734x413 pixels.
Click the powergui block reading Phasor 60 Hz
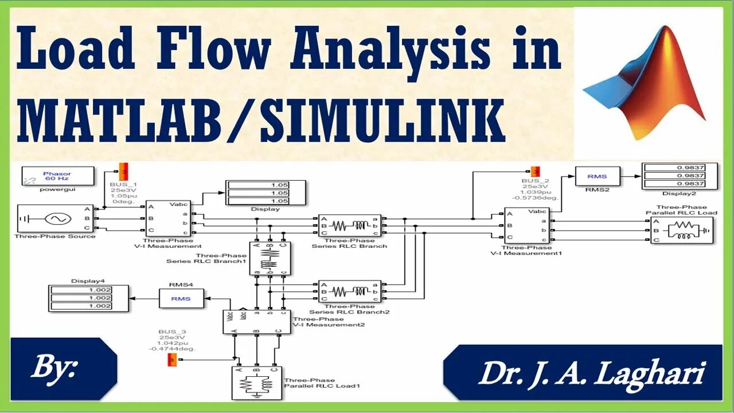57,176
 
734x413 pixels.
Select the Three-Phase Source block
55,219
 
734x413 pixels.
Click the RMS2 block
596,176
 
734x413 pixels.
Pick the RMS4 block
182,298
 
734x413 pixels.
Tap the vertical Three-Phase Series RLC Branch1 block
270,259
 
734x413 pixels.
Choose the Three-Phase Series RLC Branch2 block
349,291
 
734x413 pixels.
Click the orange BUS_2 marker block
534,172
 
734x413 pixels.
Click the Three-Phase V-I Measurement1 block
526,225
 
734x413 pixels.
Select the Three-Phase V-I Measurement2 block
256,322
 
